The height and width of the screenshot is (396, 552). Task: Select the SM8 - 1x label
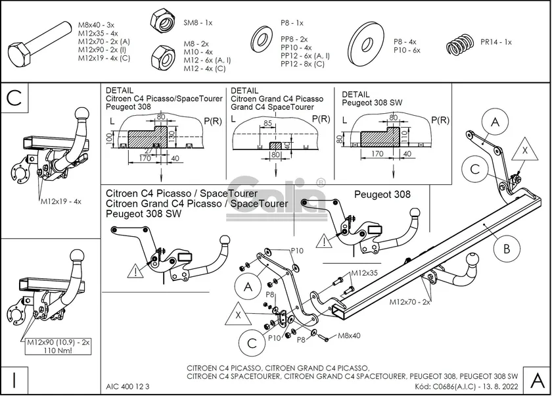(x=198, y=22)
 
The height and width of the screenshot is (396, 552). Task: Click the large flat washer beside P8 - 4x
(x=365, y=45)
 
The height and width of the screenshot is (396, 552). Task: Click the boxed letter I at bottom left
(x=14, y=380)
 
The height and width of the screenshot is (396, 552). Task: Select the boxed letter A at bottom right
(x=536, y=380)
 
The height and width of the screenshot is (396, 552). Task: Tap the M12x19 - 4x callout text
(x=60, y=201)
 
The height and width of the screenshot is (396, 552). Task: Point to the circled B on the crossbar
(x=507, y=249)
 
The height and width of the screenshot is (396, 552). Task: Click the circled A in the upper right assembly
(x=495, y=123)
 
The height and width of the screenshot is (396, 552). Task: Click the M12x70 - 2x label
(x=409, y=302)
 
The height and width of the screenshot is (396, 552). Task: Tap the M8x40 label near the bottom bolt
(x=350, y=336)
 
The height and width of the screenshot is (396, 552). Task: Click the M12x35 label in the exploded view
(x=363, y=272)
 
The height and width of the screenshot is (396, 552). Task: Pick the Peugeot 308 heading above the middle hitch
(x=382, y=195)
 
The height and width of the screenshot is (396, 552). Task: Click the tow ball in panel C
(x=82, y=113)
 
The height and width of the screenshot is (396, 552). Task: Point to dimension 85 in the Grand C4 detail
(x=267, y=122)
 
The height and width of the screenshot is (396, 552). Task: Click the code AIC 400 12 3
(x=127, y=386)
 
